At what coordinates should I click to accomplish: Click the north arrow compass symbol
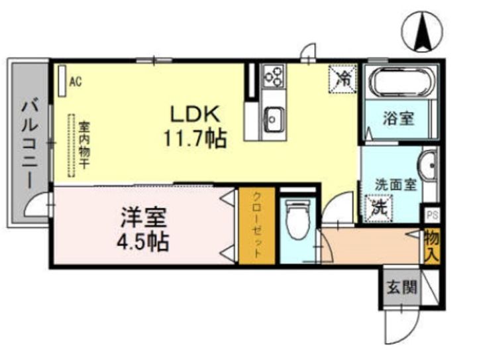point(422,32)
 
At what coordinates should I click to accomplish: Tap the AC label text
point(76,82)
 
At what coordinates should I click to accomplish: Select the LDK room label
point(195,114)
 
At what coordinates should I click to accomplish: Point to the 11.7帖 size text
point(195,139)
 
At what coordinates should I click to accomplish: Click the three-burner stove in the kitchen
point(273,75)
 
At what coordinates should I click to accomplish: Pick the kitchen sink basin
point(274,119)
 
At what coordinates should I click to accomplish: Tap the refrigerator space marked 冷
point(343,78)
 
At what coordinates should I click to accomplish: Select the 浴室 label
point(398,119)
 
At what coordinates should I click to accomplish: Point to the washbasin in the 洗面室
point(429,165)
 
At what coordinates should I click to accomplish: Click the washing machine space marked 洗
point(378,208)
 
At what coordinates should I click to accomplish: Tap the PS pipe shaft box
point(432,215)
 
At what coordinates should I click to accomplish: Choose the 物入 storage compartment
point(432,246)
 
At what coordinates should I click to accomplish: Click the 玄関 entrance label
point(401,286)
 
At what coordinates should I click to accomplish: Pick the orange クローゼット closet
point(257,225)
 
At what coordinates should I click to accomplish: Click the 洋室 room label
point(144,217)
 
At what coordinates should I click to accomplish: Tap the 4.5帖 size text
point(143,241)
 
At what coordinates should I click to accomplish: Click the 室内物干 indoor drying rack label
point(84,145)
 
